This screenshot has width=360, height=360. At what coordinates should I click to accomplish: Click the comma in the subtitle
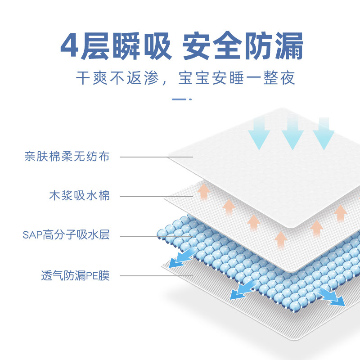pos(165,82)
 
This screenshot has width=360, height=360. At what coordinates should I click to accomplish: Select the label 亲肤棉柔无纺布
pos(67,157)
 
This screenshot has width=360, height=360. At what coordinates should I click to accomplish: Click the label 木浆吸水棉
pos(79,196)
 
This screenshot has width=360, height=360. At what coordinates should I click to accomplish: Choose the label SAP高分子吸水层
pos(66,235)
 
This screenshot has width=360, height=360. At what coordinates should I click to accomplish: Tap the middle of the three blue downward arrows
pos(292,133)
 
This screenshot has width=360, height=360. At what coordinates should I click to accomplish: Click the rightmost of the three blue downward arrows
pos(324,133)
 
